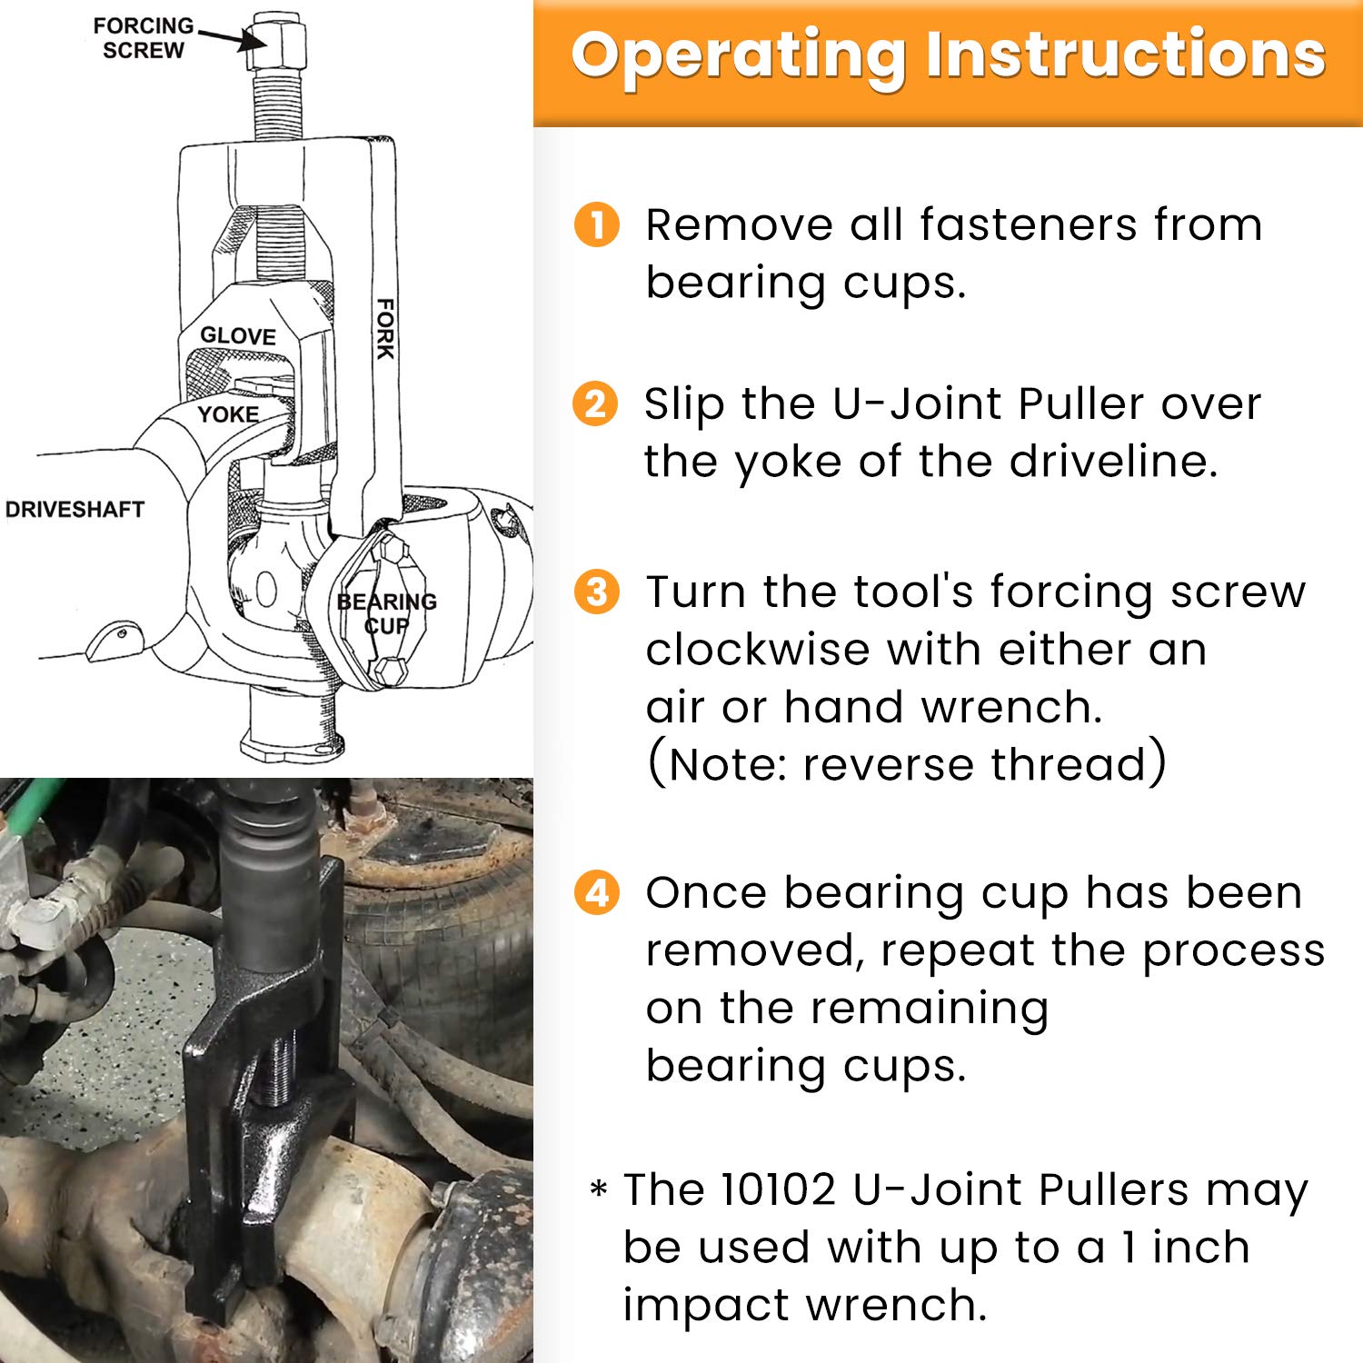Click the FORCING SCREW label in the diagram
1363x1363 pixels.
pos(143,38)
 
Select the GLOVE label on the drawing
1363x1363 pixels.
pos(237,336)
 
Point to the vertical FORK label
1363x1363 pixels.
pos(385,328)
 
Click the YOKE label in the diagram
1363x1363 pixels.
pos(228,414)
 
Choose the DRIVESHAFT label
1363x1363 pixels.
pos(75,510)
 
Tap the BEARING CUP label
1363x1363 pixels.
pos(386,613)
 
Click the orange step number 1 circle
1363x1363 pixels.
pos(596,224)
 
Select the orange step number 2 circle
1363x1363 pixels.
pos(595,403)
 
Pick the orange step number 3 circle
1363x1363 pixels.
pos(596,592)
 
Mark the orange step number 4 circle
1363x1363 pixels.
pos(596,893)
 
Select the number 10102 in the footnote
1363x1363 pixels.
pos(777,1189)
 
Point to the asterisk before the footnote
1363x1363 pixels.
pos(598,1189)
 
